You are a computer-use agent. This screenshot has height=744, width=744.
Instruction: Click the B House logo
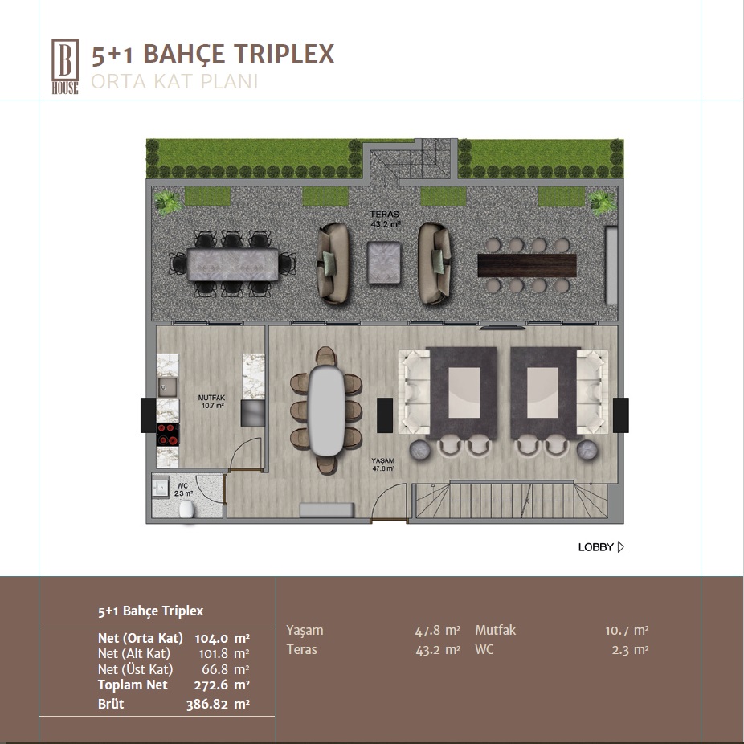click(65, 67)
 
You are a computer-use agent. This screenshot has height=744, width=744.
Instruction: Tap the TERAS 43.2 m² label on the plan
click(385, 219)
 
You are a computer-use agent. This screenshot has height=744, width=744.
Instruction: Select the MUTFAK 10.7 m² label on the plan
click(211, 402)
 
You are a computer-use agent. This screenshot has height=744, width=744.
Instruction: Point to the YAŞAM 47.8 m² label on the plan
click(383, 464)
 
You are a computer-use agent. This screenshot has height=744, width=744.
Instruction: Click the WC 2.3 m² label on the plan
click(183, 489)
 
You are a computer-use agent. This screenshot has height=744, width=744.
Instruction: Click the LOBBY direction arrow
click(620, 547)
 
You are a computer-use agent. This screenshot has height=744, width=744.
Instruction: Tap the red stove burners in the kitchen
click(168, 434)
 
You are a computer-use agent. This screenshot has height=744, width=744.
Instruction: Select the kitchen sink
click(167, 387)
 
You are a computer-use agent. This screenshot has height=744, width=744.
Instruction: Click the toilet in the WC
click(187, 510)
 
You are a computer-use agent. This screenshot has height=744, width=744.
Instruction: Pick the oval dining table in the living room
click(326, 411)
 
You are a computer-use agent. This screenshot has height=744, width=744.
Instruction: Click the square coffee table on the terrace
click(384, 263)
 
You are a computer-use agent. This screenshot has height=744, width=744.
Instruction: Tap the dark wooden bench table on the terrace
click(527, 265)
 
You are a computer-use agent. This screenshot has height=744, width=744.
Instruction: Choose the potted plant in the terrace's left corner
click(167, 202)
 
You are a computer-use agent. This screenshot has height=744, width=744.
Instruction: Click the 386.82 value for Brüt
click(206, 704)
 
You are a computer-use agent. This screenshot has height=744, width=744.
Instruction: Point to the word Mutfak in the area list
click(496, 630)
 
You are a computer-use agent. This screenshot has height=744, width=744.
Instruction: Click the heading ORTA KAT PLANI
click(174, 82)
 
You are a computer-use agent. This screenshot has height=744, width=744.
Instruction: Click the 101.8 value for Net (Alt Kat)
click(213, 653)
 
